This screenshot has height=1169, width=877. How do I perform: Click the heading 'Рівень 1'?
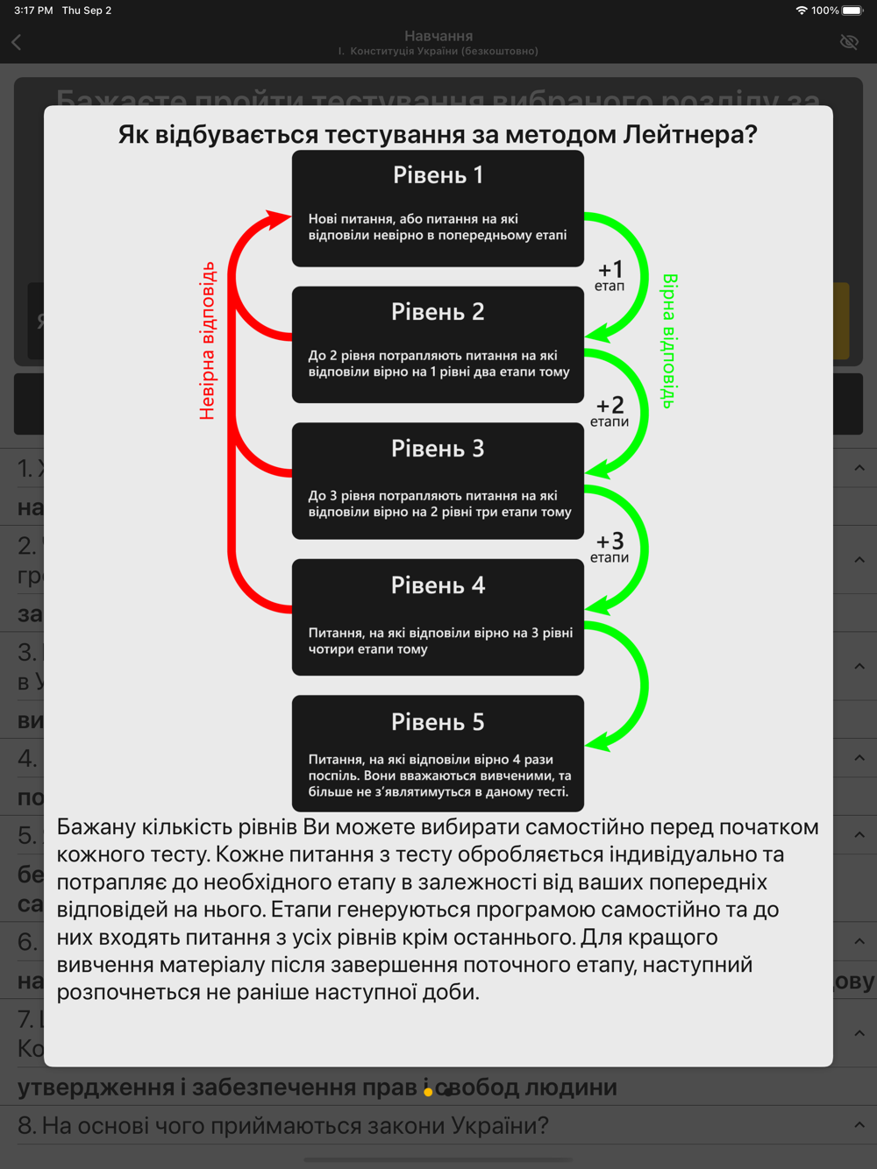(438, 175)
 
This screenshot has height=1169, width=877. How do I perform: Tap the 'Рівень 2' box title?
(438, 312)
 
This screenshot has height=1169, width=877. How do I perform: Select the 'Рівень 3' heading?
(438, 449)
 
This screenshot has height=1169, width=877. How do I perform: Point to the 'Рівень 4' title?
(438, 585)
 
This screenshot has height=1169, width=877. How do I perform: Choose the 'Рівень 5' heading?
(438, 722)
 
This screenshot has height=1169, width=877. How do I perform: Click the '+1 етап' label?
(610, 275)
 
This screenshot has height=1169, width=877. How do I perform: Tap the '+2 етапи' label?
(610, 411)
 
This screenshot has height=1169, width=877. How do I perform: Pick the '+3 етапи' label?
(610, 547)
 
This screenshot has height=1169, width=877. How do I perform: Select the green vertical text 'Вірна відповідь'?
(668, 341)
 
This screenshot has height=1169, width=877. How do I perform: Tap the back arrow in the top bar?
(17, 42)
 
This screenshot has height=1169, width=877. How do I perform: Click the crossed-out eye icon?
(849, 42)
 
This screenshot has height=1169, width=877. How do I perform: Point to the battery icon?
(852, 11)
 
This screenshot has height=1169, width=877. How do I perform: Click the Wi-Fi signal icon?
(801, 11)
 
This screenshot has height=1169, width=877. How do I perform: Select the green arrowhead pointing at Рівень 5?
(597, 743)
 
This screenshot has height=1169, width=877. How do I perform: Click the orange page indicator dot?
(428, 1092)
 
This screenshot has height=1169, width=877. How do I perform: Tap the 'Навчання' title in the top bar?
(438, 36)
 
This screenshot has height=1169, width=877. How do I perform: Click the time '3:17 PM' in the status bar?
(33, 11)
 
